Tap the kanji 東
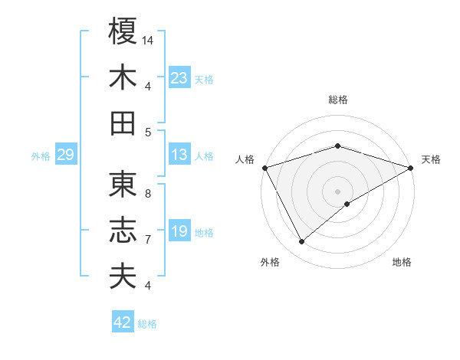123,185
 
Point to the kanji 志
123,231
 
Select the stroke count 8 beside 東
147,194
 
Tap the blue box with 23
179,77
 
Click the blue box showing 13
179,155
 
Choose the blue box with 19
179,231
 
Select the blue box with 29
65,155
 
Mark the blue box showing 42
123,322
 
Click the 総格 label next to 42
148,324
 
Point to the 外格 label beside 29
41,156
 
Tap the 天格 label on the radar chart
432,159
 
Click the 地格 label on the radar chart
402,262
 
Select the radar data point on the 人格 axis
264,167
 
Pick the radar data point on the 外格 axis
302,242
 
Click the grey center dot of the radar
337,191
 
